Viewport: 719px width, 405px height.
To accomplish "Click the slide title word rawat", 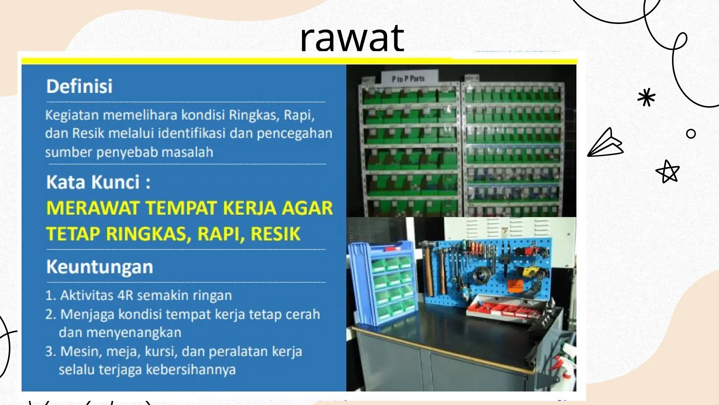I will [352, 38].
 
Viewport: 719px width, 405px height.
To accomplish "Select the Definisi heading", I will [79, 86].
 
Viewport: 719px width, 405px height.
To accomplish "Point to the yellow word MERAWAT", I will [93, 208].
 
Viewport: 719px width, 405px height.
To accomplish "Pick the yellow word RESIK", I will [276, 234].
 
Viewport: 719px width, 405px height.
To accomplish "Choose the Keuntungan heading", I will [100, 267].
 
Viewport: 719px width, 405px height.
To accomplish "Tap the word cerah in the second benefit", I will [302, 314].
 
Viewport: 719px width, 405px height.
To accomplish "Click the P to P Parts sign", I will [408, 78].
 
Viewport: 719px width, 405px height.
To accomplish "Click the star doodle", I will [668, 172].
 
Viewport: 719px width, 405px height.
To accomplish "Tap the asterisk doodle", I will [646, 97].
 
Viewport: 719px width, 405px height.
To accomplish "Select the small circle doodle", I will [691, 134].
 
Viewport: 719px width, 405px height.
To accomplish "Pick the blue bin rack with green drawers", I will [383, 281].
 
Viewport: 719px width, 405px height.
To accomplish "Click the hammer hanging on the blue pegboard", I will [429, 264].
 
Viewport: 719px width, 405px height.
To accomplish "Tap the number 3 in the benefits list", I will [50, 351].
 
